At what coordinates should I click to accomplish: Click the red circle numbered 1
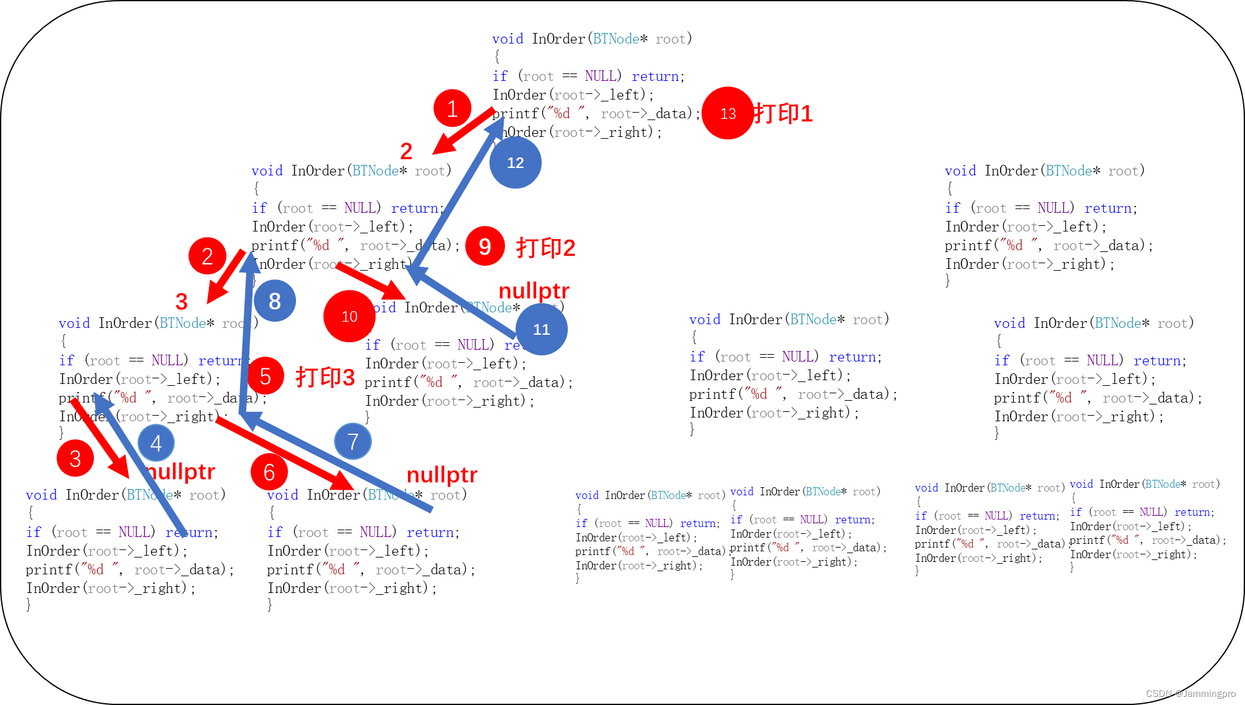click(452, 109)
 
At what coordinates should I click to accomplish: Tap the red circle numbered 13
click(728, 113)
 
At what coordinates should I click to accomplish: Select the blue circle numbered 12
click(516, 162)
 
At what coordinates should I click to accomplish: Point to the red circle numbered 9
click(485, 246)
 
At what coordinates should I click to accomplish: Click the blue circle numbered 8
click(274, 301)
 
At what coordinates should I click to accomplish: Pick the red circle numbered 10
click(349, 316)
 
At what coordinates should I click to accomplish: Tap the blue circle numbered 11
click(542, 329)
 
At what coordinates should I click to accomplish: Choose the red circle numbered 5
click(265, 376)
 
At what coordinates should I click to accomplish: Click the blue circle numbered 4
click(155, 443)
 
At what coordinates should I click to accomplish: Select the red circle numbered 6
click(269, 472)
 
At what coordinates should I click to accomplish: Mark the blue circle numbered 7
click(353, 441)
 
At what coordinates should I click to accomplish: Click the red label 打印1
click(784, 113)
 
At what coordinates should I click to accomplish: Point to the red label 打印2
click(546, 248)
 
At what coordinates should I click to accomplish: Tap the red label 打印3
click(325, 376)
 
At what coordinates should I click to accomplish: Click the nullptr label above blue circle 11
click(534, 290)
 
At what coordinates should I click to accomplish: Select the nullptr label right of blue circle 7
click(442, 474)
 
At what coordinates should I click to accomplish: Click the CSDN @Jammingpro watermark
click(1190, 693)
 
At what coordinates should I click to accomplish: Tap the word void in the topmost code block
click(507, 39)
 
